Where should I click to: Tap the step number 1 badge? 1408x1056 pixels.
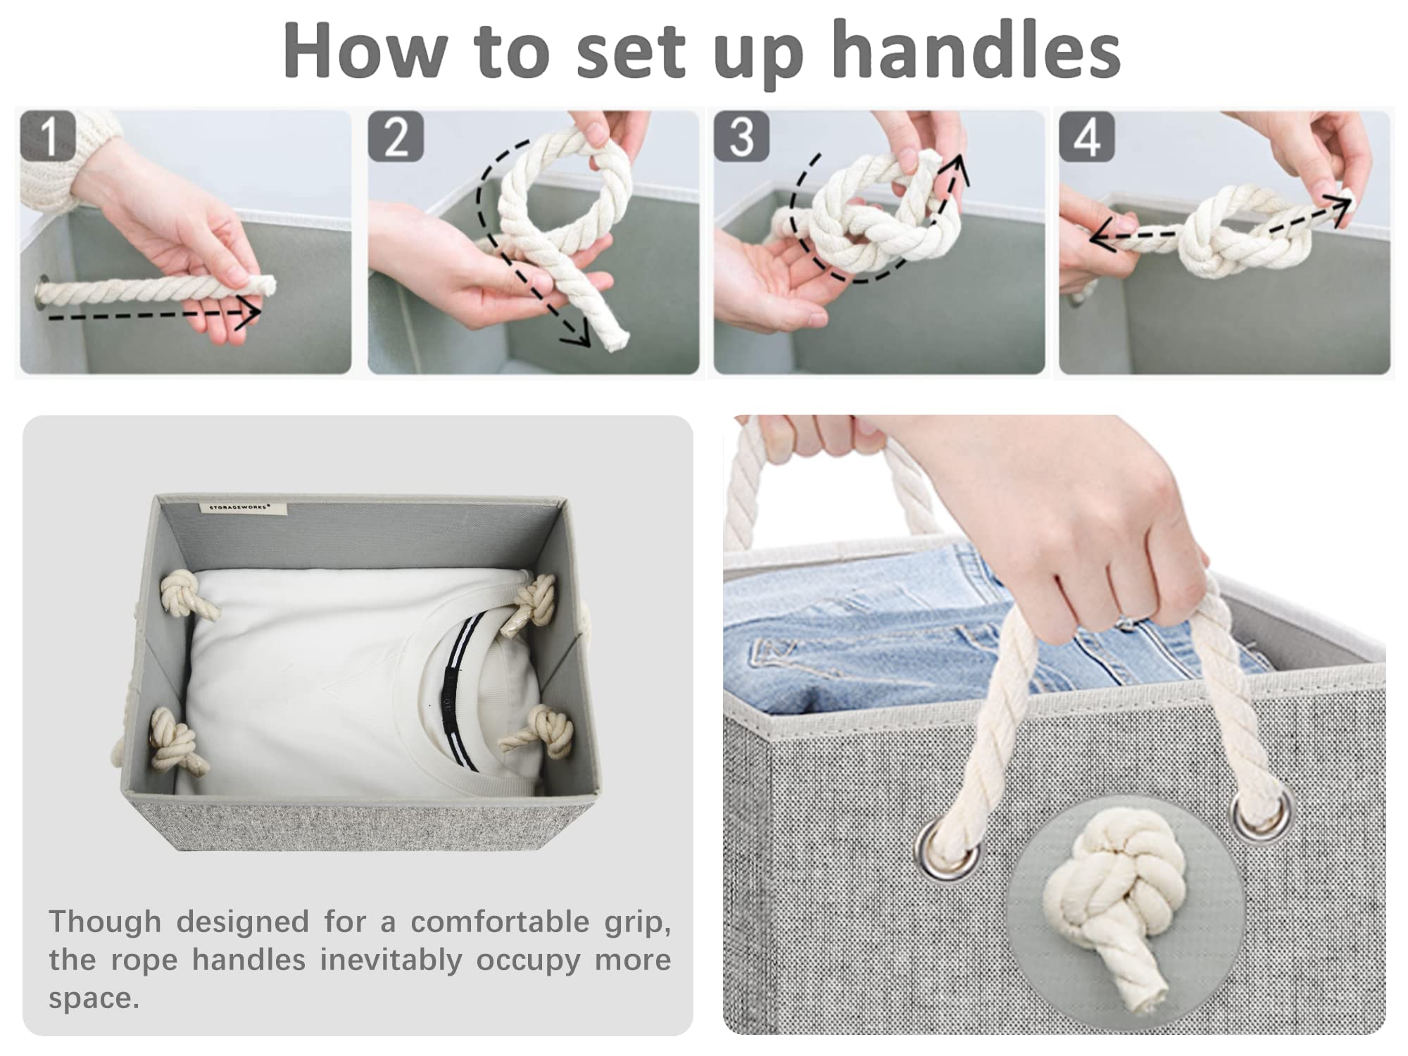(x=48, y=136)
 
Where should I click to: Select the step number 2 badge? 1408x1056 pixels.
(x=396, y=136)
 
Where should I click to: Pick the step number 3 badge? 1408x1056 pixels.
(x=741, y=136)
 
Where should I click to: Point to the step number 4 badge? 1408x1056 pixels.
(x=1086, y=136)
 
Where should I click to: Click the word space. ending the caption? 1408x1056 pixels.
(x=94, y=999)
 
